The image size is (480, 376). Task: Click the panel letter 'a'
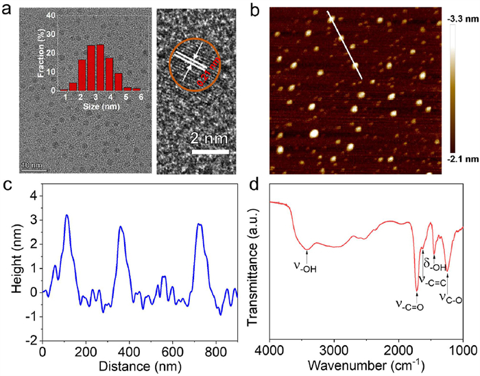[x=6, y=8]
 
